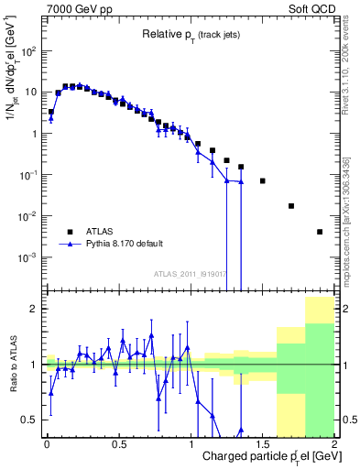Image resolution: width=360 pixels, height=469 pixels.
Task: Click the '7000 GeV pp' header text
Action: pyautogui.click(x=78, y=8)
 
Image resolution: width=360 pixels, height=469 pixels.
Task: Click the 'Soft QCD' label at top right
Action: pyautogui.click(x=311, y=8)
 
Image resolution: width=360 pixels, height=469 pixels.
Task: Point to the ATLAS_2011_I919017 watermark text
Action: pyautogui.click(x=191, y=274)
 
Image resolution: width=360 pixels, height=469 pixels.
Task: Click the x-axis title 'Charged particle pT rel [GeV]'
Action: pyautogui.click(x=265, y=456)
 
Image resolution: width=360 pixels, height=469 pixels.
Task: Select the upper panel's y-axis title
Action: pyautogui.click(x=13, y=87)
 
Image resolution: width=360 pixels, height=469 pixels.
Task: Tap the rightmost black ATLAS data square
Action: pyautogui.click(x=320, y=232)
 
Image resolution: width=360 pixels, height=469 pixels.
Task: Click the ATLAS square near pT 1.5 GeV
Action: pyautogui.click(x=262, y=181)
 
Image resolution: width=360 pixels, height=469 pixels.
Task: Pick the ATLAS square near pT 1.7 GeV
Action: pyautogui.click(x=291, y=206)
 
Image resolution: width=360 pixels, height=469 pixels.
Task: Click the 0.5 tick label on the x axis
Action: pyautogui.click(x=118, y=442)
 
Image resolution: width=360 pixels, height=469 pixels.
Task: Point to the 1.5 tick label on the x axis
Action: pyautogui.click(x=263, y=442)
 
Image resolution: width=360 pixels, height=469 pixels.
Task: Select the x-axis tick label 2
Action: pyautogui.click(x=334, y=442)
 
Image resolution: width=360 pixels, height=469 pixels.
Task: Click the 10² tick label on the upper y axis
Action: pyautogui.click(x=30, y=50)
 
